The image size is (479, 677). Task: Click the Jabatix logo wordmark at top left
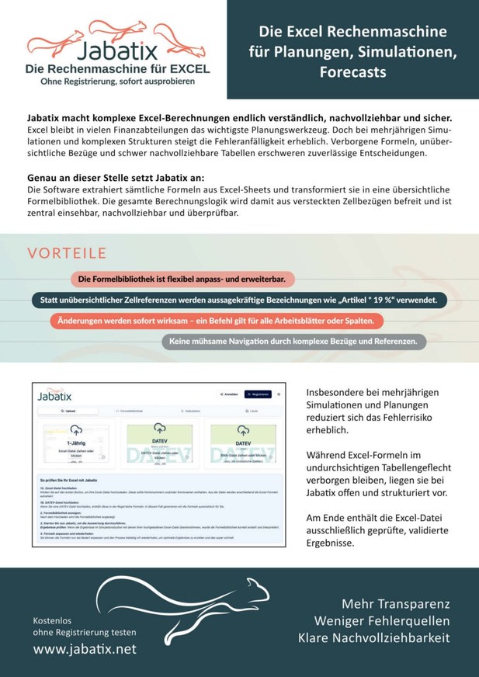[x=117, y=51]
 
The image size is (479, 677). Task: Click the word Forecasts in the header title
[x=352, y=72]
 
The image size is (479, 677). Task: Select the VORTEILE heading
[x=67, y=254]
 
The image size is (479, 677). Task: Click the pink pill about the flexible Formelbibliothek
[x=182, y=278]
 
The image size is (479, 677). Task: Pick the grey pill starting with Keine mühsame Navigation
[x=293, y=341]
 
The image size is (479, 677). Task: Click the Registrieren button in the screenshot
[x=259, y=394]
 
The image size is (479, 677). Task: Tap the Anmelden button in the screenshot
[x=227, y=394]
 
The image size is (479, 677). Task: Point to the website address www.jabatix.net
[x=85, y=648]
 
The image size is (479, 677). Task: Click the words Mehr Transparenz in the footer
[x=395, y=604]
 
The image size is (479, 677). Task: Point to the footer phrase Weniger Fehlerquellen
[x=382, y=621]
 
